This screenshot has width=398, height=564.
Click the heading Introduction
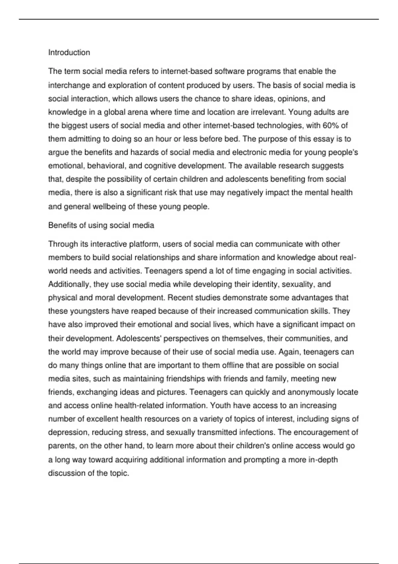click(69, 52)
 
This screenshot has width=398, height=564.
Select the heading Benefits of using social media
click(101, 225)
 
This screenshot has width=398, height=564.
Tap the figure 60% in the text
click(330, 125)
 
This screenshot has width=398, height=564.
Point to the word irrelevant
click(268, 112)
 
